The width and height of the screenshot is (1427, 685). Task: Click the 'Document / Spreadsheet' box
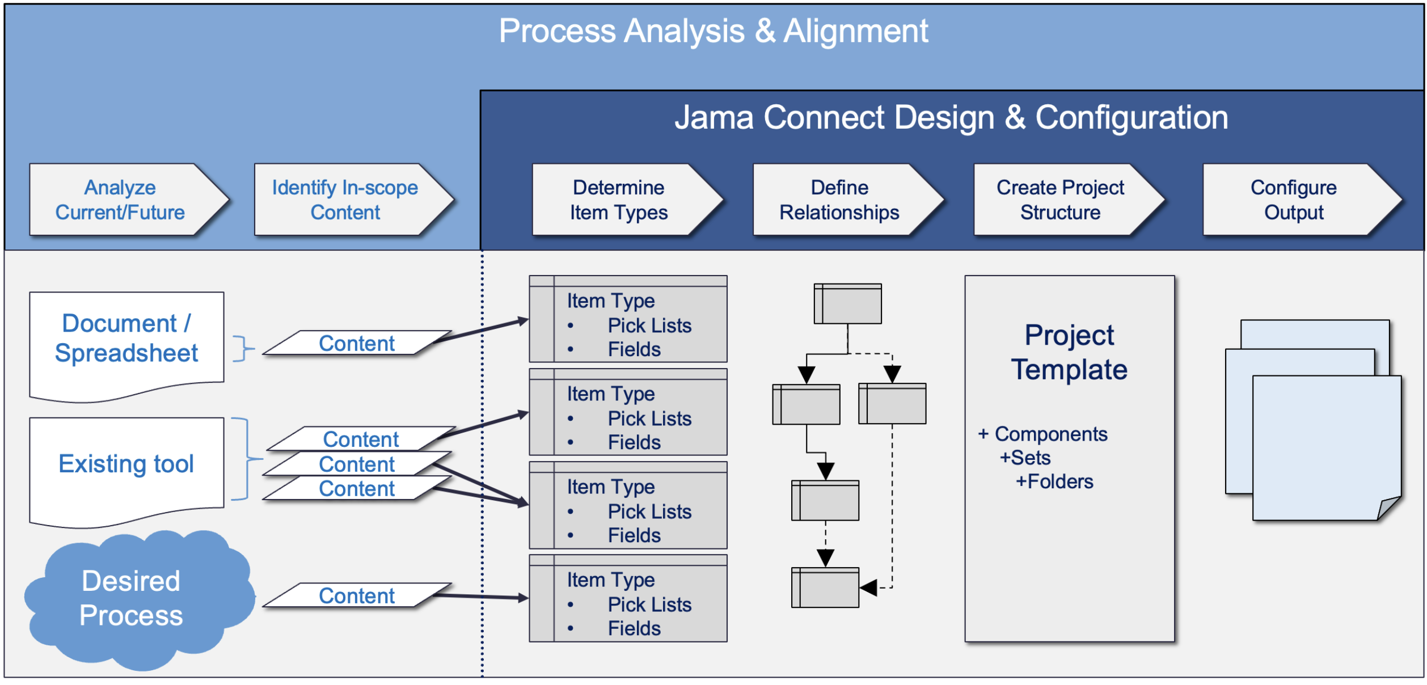(126, 346)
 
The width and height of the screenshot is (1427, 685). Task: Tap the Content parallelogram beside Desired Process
(357, 595)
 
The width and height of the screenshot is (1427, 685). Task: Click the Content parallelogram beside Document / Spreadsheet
(357, 343)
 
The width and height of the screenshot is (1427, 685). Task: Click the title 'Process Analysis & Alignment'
(713, 31)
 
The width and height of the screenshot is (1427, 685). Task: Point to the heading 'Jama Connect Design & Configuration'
(951, 117)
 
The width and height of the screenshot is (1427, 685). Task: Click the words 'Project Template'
(1069, 352)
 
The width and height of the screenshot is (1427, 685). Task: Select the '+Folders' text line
(1054, 481)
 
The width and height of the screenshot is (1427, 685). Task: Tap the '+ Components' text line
(1042, 434)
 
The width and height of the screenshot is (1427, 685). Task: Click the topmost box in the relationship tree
(848, 304)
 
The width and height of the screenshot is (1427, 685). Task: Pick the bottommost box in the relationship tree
(825, 587)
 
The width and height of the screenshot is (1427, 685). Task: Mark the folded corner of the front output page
(1389, 508)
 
